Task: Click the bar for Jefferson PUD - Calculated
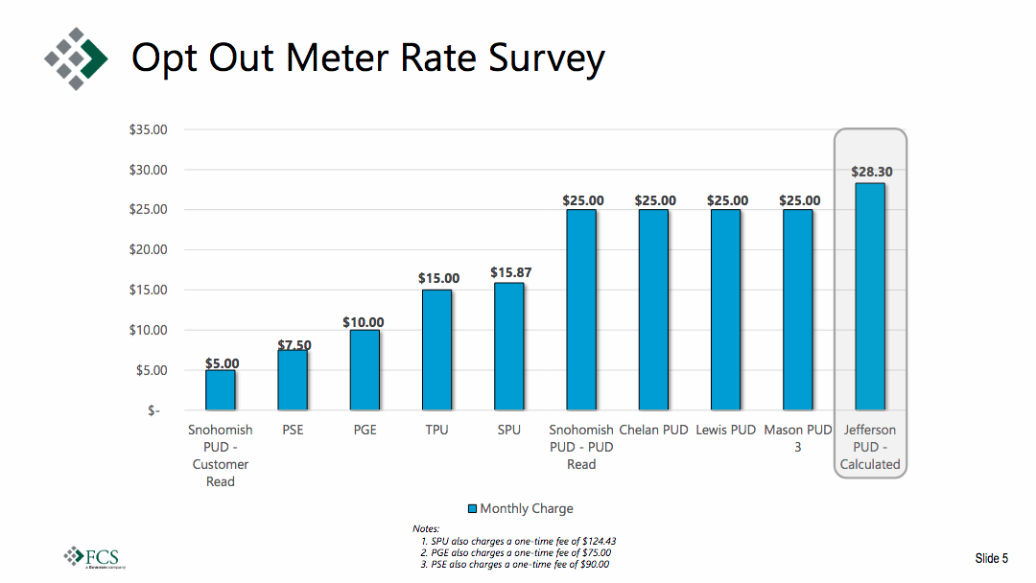click(x=870, y=296)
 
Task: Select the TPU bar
click(x=436, y=350)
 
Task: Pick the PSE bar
click(x=293, y=380)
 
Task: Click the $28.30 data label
click(x=871, y=173)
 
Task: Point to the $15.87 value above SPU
click(x=510, y=273)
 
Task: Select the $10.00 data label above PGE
click(x=364, y=322)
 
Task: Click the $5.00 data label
click(x=222, y=363)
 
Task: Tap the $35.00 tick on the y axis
click(x=148, y=129)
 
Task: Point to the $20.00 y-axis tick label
click(x=148, y=249)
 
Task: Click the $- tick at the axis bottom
click(x=154, y=410)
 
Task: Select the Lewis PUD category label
click(x=726, y=430)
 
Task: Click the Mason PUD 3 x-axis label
click(x=797, y=438)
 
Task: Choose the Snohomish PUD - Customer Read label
click(x=220, y=455)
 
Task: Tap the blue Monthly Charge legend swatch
click(x=472, y=509)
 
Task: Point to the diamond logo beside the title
click(x=76, y=58)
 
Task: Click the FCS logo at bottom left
click(x=93, y=556)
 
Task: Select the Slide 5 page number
click(x=992, y=558)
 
